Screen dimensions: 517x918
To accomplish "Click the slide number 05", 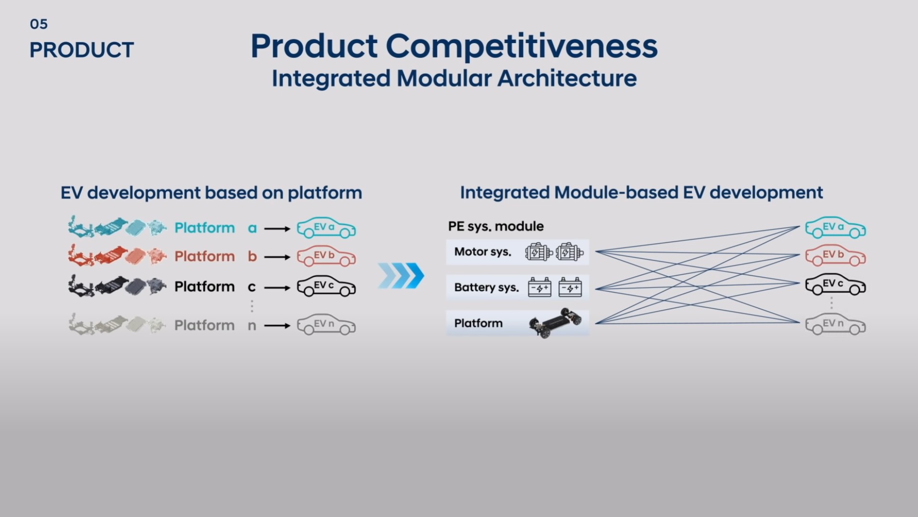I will click(39, 24).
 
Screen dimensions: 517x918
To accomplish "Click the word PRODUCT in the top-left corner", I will click(81, 50).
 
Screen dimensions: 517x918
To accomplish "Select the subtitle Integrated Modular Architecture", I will click(454, 79).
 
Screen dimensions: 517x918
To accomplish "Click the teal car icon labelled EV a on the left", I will click(326, 228).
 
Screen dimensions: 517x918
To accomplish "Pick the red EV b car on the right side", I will click(835, 256).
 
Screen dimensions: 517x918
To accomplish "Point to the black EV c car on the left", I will click(326, 286).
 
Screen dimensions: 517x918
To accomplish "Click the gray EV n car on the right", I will click(835, 324).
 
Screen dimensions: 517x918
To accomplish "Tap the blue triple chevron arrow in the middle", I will click(401, 276).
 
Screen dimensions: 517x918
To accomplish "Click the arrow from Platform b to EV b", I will click(277, 257).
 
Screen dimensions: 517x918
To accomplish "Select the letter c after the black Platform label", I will click(252, 287).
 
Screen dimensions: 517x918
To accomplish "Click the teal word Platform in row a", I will click(205, 228).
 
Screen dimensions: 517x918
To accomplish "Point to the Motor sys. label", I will click(482, 252).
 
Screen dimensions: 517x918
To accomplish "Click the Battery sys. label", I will click(486, 288).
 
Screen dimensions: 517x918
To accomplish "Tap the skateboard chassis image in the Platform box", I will click(556, 323).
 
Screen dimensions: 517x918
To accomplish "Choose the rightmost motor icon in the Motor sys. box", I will click(569, 252).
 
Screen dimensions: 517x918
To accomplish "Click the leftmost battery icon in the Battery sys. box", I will click(539, 287).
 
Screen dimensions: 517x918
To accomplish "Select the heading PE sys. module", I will click(496, 226).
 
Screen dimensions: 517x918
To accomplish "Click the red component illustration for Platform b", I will click(117, 256).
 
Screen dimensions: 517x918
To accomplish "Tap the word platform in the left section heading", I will click(325, 193).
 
